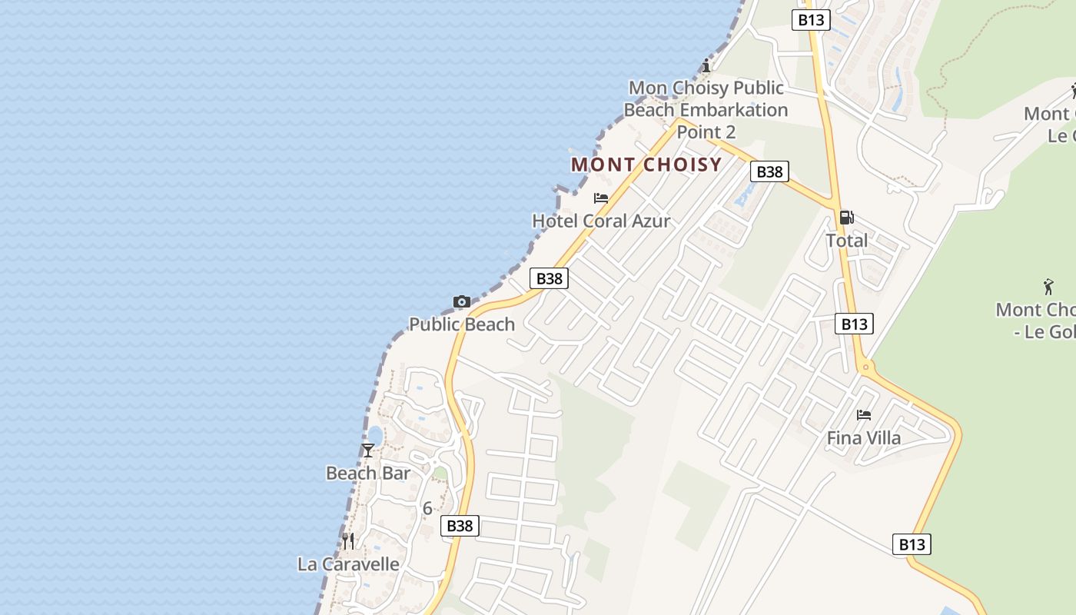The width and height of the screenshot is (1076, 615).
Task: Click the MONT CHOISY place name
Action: point(646,165)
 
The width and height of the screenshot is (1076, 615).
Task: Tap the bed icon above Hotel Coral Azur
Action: point(601,198)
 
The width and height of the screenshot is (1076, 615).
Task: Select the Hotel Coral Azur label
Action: point(601,221)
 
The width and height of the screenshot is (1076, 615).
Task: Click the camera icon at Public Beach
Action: point(462,301)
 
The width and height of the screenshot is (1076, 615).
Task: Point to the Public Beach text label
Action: point(462,324)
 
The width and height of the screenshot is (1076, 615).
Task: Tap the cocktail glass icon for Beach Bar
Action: point(368,450)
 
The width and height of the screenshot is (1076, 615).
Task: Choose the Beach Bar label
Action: point(368,473)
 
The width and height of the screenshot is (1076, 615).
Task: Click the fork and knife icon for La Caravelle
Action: point(349,541)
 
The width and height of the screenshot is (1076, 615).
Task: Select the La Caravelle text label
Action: point(349,564)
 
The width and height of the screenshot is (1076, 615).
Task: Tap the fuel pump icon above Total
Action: point(846,218)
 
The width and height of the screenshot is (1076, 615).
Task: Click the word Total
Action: point(847,241)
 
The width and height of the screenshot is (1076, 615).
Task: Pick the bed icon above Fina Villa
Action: point(864,415)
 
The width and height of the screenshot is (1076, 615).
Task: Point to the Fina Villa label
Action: point(864,438)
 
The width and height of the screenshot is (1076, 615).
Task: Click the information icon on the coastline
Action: point(706,65)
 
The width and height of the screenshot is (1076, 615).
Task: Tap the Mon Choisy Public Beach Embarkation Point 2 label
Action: point(706,110)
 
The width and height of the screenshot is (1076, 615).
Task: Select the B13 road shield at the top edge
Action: point(811,19)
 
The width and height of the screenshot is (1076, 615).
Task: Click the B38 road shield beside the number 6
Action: point(460,526)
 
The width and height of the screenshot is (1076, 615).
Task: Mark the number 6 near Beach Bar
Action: point(427,508)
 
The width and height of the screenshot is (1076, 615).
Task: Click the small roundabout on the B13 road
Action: point(866,367)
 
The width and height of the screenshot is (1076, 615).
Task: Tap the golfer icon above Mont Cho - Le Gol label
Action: point(1048,287)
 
